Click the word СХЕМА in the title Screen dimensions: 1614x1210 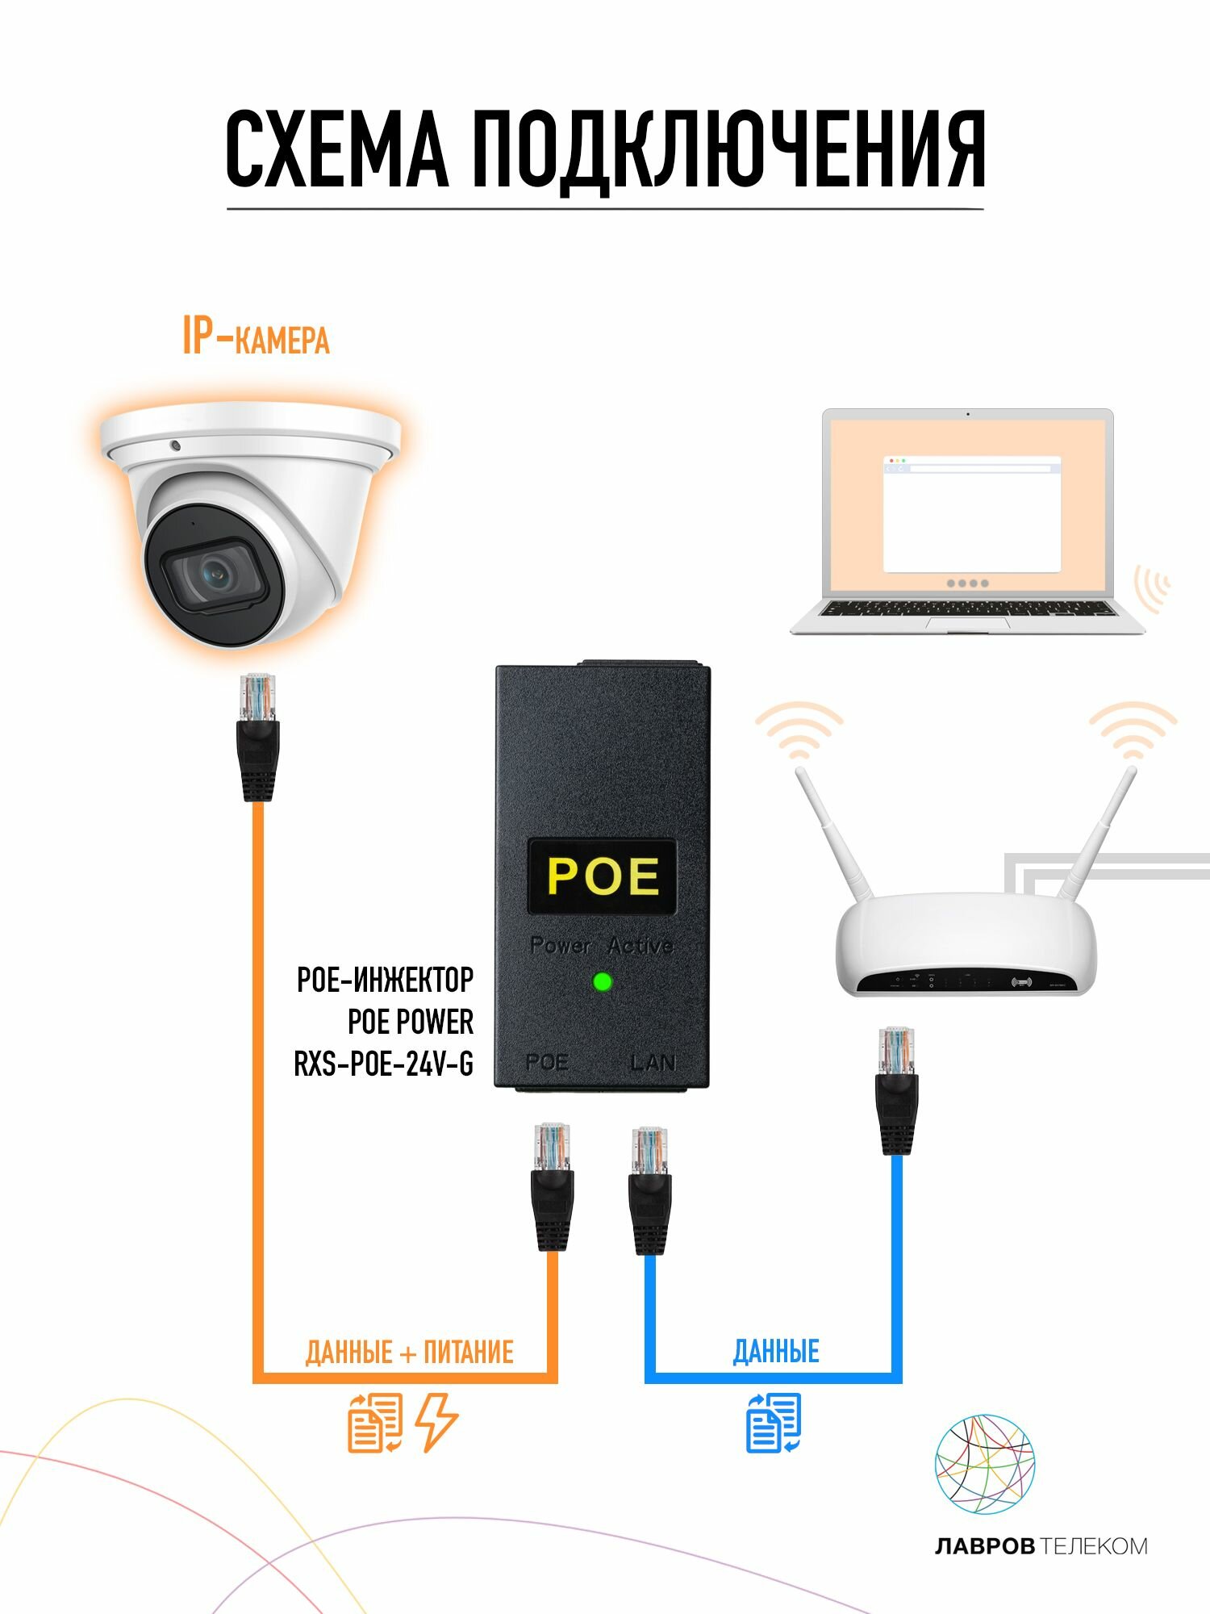coord(336,151)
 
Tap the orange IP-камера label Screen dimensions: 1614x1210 coord(256,337)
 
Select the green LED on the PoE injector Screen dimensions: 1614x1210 coord(602,982)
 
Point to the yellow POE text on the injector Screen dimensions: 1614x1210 coord(603,876)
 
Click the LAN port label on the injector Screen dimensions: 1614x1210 coord(652,1063)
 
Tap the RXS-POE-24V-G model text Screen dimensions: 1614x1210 coord(384,1064)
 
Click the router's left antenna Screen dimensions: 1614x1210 coord(834,836)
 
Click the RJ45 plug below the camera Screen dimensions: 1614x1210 coord(258,738)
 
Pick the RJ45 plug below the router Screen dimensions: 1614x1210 coord(896,1091)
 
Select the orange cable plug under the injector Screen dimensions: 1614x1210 coord(552,1186)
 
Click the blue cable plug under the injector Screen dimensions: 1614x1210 coord(649,1191)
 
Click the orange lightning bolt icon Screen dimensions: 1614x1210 coord(436,1423)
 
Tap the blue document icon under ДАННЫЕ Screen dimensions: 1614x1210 coord(774,1423)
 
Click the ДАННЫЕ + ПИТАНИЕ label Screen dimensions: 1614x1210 coord(409,1352)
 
